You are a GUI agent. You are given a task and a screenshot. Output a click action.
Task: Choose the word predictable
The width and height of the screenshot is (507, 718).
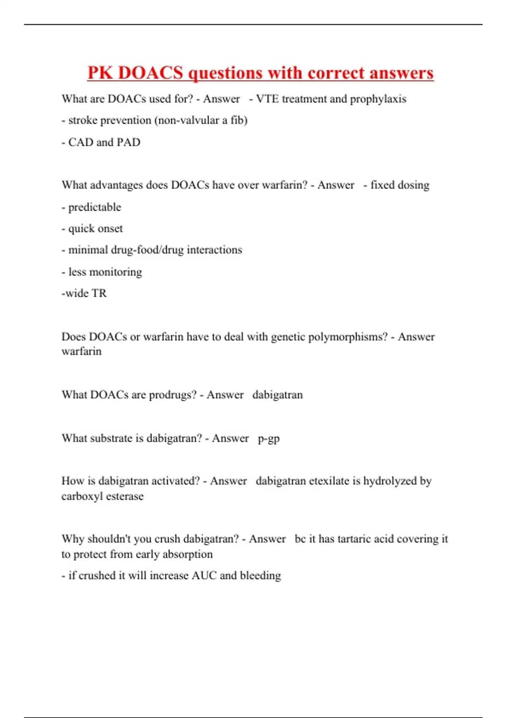click(95, 207)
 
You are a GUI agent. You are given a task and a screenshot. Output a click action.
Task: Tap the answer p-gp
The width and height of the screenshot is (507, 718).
click(269, 439)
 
